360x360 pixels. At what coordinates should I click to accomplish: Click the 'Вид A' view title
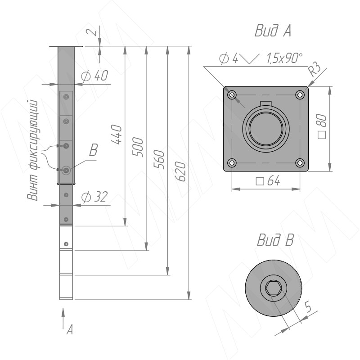click(273, 31)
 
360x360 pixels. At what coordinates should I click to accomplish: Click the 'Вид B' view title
click(275, 240)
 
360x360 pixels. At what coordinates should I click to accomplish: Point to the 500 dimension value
click(139, 148)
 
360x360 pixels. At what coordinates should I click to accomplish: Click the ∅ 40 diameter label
click(94, 76)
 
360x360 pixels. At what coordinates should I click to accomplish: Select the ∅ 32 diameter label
click(95, 197)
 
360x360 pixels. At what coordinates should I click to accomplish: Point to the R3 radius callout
click(315, 69)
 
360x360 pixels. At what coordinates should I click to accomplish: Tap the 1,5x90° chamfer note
click(284, 58)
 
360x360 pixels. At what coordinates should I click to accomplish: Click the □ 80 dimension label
click(321, 127)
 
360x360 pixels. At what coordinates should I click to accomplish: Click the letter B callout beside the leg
click(93, 151)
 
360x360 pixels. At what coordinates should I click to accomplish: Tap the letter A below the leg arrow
click(69, 330)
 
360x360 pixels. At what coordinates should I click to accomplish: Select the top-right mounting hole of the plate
click(300, 95)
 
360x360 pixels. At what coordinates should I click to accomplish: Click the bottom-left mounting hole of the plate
click(232, 162)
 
